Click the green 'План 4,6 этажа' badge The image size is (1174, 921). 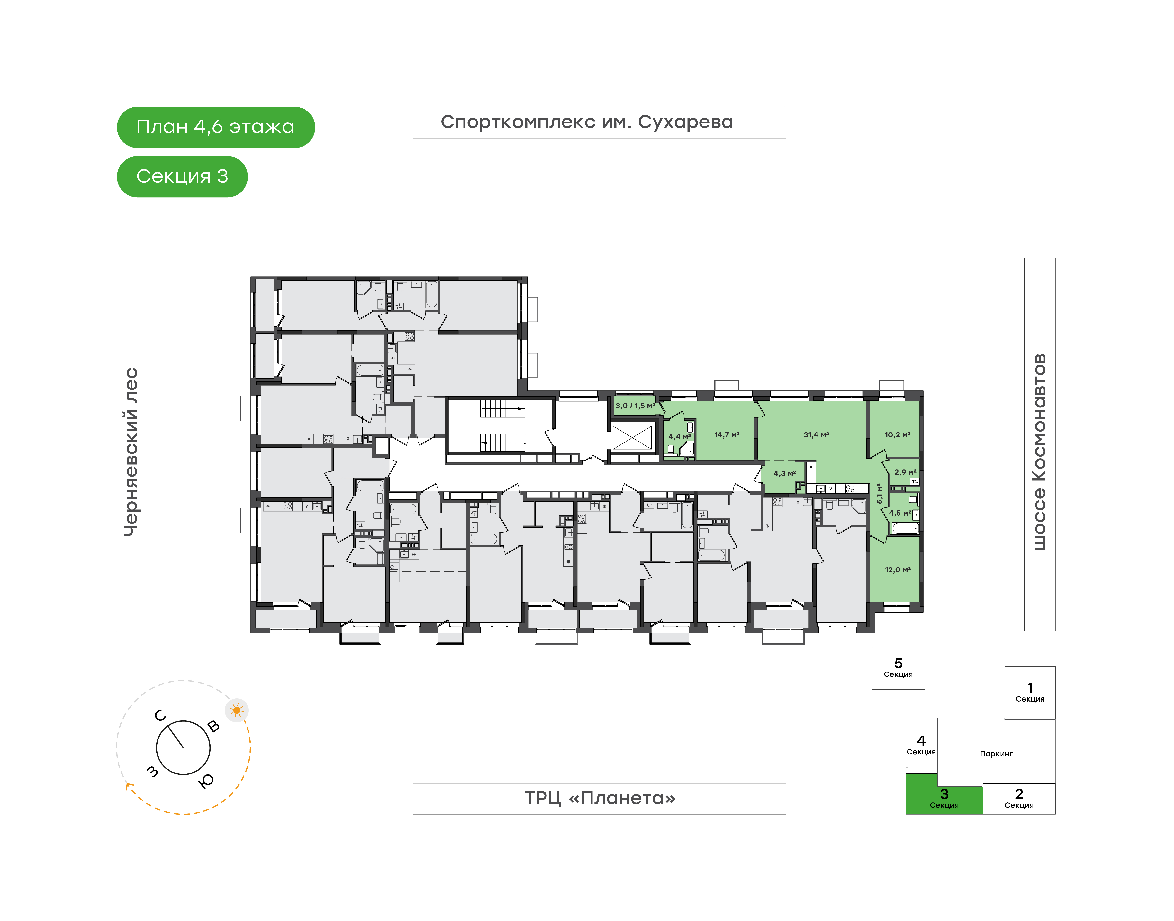pos(216,127)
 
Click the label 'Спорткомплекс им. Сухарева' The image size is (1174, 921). pos(587,122)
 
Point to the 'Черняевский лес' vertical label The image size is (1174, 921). pos(131,452)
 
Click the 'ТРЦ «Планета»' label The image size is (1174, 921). pos(600,798)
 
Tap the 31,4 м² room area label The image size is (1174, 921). pos(816,435)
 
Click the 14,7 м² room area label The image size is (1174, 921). pos(727,435)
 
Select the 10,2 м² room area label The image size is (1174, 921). pos(897,435)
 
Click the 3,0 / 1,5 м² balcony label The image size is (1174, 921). pos(635,406)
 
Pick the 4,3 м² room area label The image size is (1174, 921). pos(785,473)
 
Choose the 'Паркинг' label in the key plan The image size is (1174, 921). pos(996,754)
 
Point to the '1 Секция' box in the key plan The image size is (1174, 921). pos(1030,692)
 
